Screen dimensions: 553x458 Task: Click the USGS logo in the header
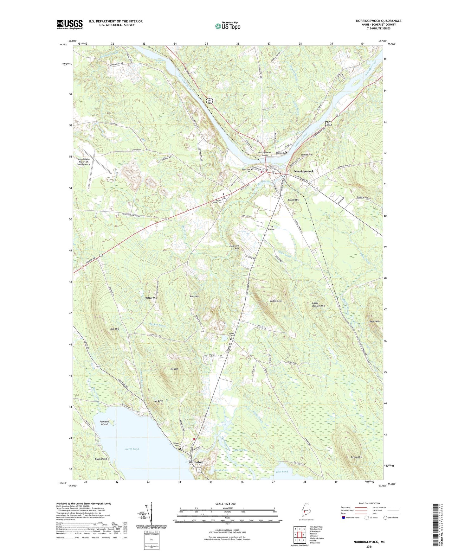click(70, 24)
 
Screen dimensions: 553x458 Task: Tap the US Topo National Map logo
click(227, 26)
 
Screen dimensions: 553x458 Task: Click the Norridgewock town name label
click(304, 171)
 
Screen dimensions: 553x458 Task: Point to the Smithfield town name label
click(196, 462)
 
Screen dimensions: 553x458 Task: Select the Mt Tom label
click(174, 369)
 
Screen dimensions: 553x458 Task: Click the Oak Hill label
click(114, 329)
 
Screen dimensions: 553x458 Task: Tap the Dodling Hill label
click(276, 301)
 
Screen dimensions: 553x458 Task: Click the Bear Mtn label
click(374, 321)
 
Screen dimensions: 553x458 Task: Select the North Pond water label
click(132, 449)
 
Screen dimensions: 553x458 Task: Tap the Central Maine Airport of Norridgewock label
click(83, 162)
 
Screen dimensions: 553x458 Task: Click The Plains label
click(271, 228)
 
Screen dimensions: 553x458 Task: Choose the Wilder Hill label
click(151, 298)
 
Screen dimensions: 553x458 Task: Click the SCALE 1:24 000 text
click(225, 504)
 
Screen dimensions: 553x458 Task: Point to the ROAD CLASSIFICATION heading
click(369, 503)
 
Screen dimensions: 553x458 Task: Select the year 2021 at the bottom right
click(369, 546)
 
